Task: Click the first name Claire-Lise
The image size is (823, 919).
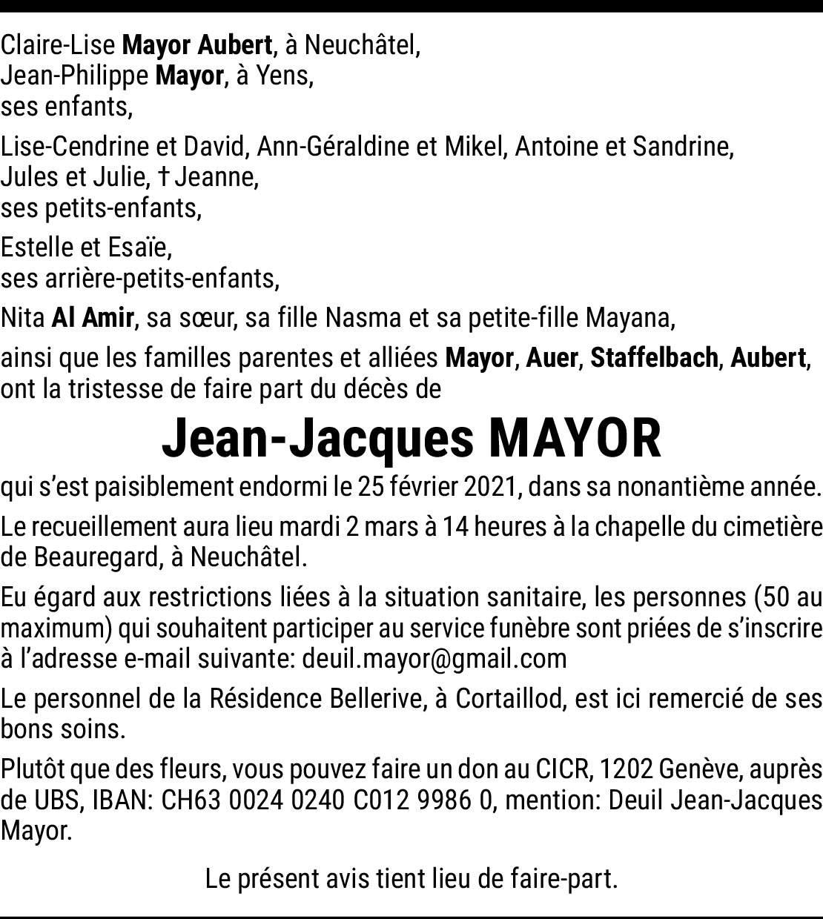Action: pos(58,45)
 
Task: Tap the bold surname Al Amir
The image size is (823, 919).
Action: pos(93,319)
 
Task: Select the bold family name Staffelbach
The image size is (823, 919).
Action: pos(655,358)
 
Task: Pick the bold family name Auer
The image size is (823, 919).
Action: pos(552,358)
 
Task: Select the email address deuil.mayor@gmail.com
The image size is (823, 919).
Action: pos(434,658)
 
